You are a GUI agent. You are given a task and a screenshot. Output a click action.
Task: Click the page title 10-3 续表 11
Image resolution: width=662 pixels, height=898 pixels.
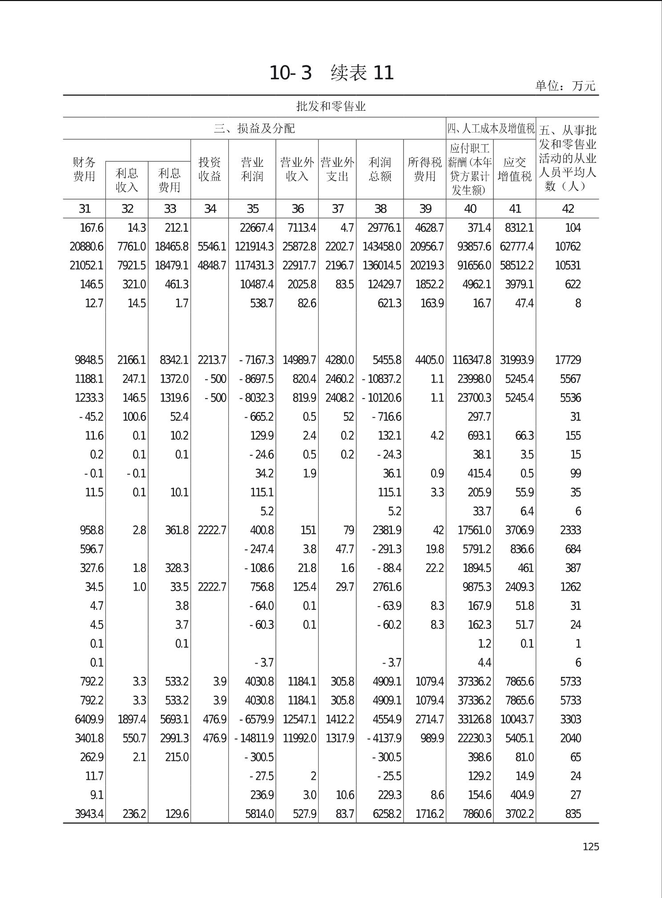331,73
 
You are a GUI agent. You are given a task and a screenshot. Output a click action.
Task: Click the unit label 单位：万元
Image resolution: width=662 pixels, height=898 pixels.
565,86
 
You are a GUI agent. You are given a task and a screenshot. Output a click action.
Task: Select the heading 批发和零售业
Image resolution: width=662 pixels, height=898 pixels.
331,106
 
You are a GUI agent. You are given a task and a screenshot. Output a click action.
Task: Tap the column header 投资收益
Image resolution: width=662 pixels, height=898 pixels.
210,169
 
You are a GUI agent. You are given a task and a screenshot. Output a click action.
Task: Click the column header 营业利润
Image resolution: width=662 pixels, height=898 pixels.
252,169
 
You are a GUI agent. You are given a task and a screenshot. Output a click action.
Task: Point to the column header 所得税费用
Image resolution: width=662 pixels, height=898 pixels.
424,169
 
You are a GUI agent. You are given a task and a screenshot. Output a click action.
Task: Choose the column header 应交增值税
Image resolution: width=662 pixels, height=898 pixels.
515,169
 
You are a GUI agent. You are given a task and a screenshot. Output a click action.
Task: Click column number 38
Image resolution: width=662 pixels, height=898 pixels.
380,209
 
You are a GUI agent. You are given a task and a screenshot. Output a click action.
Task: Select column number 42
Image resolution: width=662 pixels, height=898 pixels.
568,209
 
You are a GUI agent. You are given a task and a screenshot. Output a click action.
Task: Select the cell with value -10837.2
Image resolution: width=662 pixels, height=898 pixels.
382,379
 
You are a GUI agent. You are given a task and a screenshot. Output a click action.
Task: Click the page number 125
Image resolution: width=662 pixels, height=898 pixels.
590,847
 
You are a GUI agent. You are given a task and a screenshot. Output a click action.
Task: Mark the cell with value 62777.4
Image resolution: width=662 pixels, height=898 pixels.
516,246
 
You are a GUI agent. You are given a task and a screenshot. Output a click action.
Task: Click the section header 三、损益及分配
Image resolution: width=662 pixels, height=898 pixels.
254,129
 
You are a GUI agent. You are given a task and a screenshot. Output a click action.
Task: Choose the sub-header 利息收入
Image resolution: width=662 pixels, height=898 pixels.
127,180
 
